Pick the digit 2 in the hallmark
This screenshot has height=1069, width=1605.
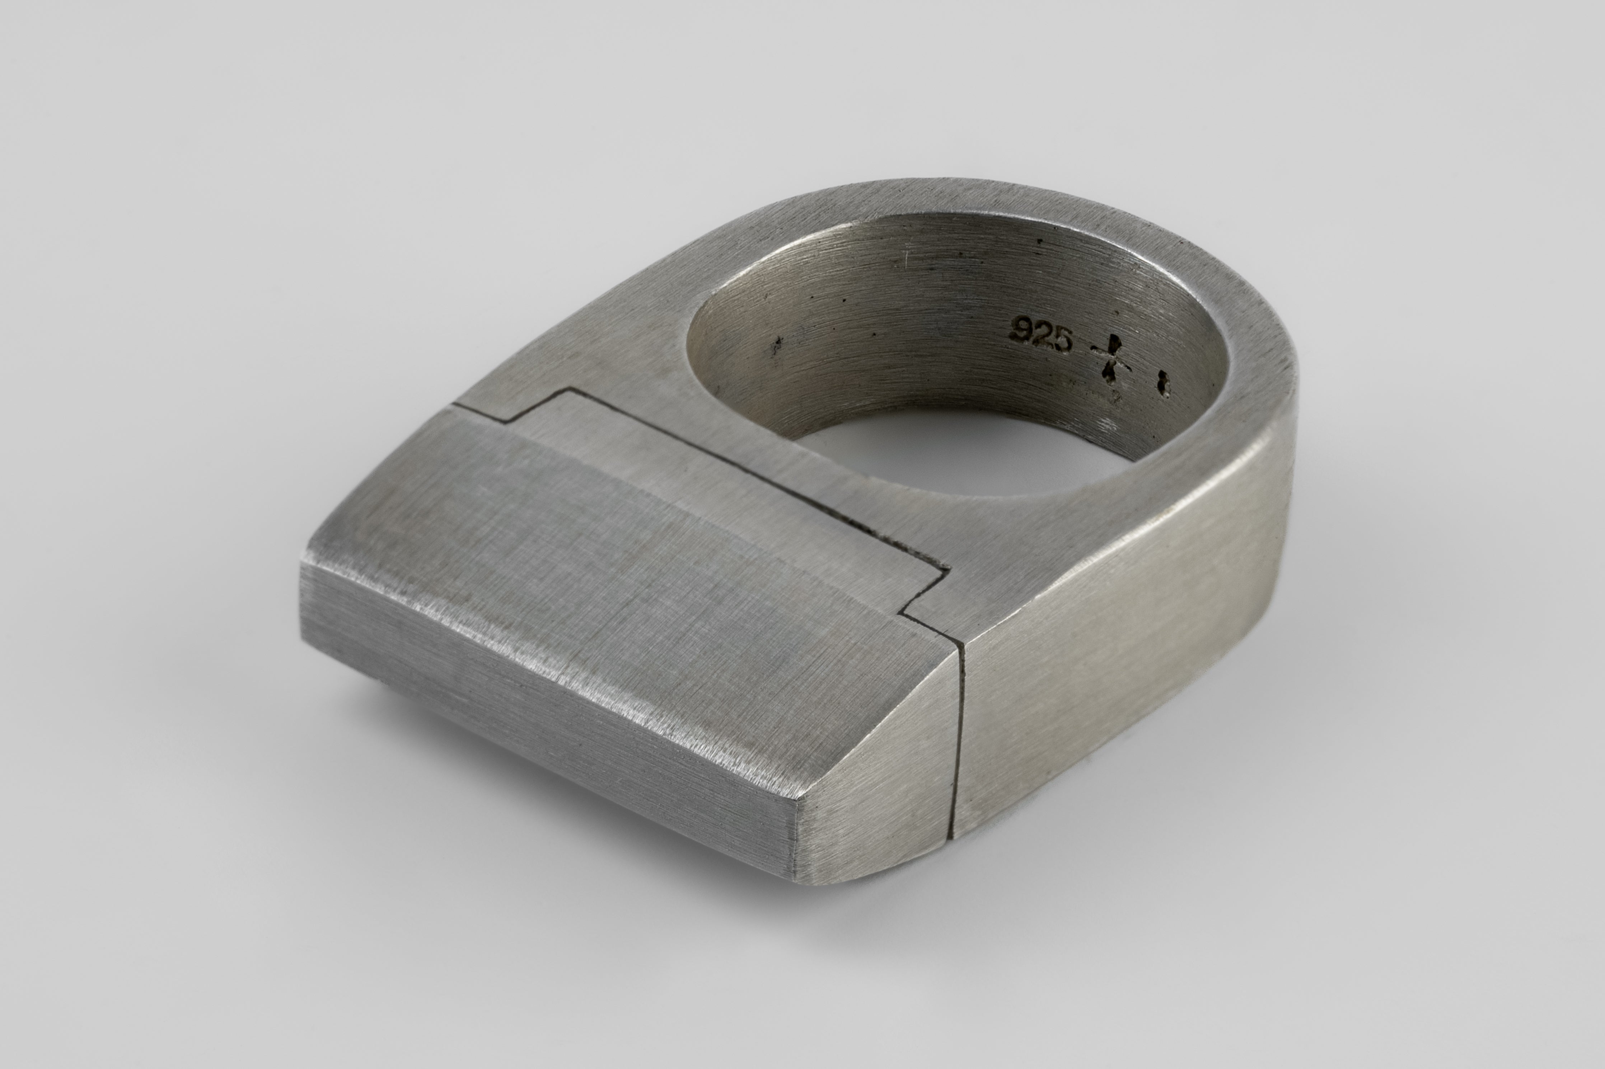click(x=1042, y=334)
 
